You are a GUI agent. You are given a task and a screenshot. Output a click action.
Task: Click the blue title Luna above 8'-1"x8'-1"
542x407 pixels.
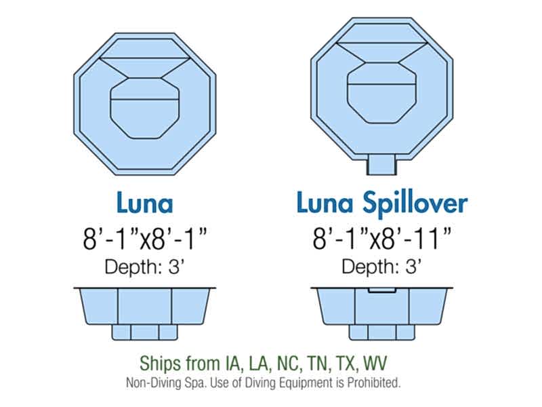pyautogui.click(x=145, y=203)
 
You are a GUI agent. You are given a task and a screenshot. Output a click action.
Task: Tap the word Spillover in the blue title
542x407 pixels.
pyautogui.click(x=415, y=204)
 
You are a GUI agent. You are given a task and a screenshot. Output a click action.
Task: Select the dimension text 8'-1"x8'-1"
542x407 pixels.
pyautogui.click(x=145, y=239)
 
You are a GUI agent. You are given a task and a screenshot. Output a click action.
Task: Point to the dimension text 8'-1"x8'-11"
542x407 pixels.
pyautogui.click(x=382, y=239)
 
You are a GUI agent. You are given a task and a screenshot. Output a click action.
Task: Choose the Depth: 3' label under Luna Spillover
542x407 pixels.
pyautogui.click(x=381, y=267)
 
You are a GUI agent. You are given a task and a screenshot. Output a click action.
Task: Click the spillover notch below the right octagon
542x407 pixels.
pyautogui.click(x=381, y=165)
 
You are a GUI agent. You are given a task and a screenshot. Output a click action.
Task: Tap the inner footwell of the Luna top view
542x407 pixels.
pyautogui.click(x=144, y=109)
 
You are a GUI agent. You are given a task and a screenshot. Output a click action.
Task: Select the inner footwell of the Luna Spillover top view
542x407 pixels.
pyautogui.click(x=381, y=94)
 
